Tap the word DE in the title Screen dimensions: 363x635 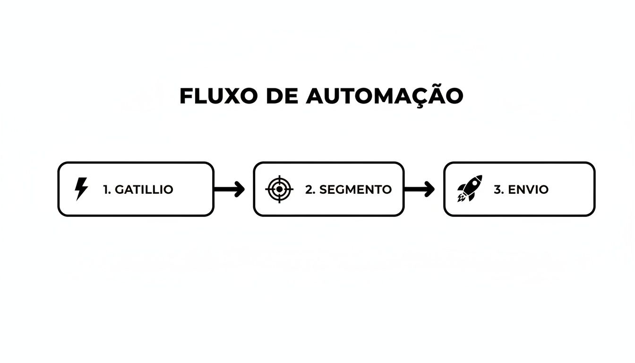tap(282, 96)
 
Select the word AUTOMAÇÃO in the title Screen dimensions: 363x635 tap(385, 96)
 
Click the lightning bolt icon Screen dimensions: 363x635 tap(81, 189)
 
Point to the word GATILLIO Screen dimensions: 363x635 tap(144, 190)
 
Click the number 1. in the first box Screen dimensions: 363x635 tap(107, 190)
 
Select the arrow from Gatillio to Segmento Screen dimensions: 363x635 tap(229, 189)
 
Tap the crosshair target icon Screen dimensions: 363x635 tap(279, 189)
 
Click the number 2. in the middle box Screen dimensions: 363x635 tap(310, 190)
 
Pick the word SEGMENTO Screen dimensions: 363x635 tap(355, 190)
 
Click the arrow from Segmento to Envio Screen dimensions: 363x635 tap(419, 189)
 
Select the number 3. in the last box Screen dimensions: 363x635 tap(499, 190)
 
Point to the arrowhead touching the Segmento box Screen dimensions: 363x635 tap(240, 189)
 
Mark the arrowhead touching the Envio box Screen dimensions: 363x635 tap(430, 189)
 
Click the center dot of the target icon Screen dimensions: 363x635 tap(279, 189)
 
